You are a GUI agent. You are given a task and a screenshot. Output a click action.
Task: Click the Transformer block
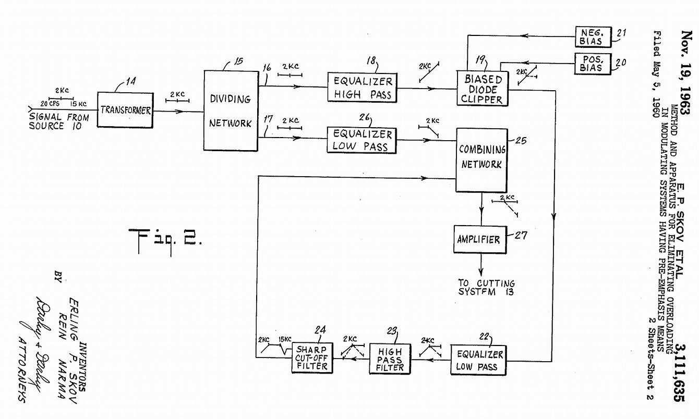[126, 110]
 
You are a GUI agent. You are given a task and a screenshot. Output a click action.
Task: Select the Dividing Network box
[231, 110]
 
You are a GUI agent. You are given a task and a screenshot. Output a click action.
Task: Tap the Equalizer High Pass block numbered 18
[363, 88]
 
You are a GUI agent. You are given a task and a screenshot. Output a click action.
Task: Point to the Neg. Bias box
[591, 36]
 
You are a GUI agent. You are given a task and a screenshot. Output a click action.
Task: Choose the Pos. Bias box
[591, 64]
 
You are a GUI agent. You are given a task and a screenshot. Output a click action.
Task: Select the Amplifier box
[478, 239]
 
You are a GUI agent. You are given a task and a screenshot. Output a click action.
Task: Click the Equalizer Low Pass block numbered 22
[480, 360]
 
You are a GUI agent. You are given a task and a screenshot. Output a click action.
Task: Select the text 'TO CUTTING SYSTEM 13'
[486, 287]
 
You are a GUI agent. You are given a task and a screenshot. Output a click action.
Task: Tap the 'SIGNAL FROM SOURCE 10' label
[58, 121]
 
